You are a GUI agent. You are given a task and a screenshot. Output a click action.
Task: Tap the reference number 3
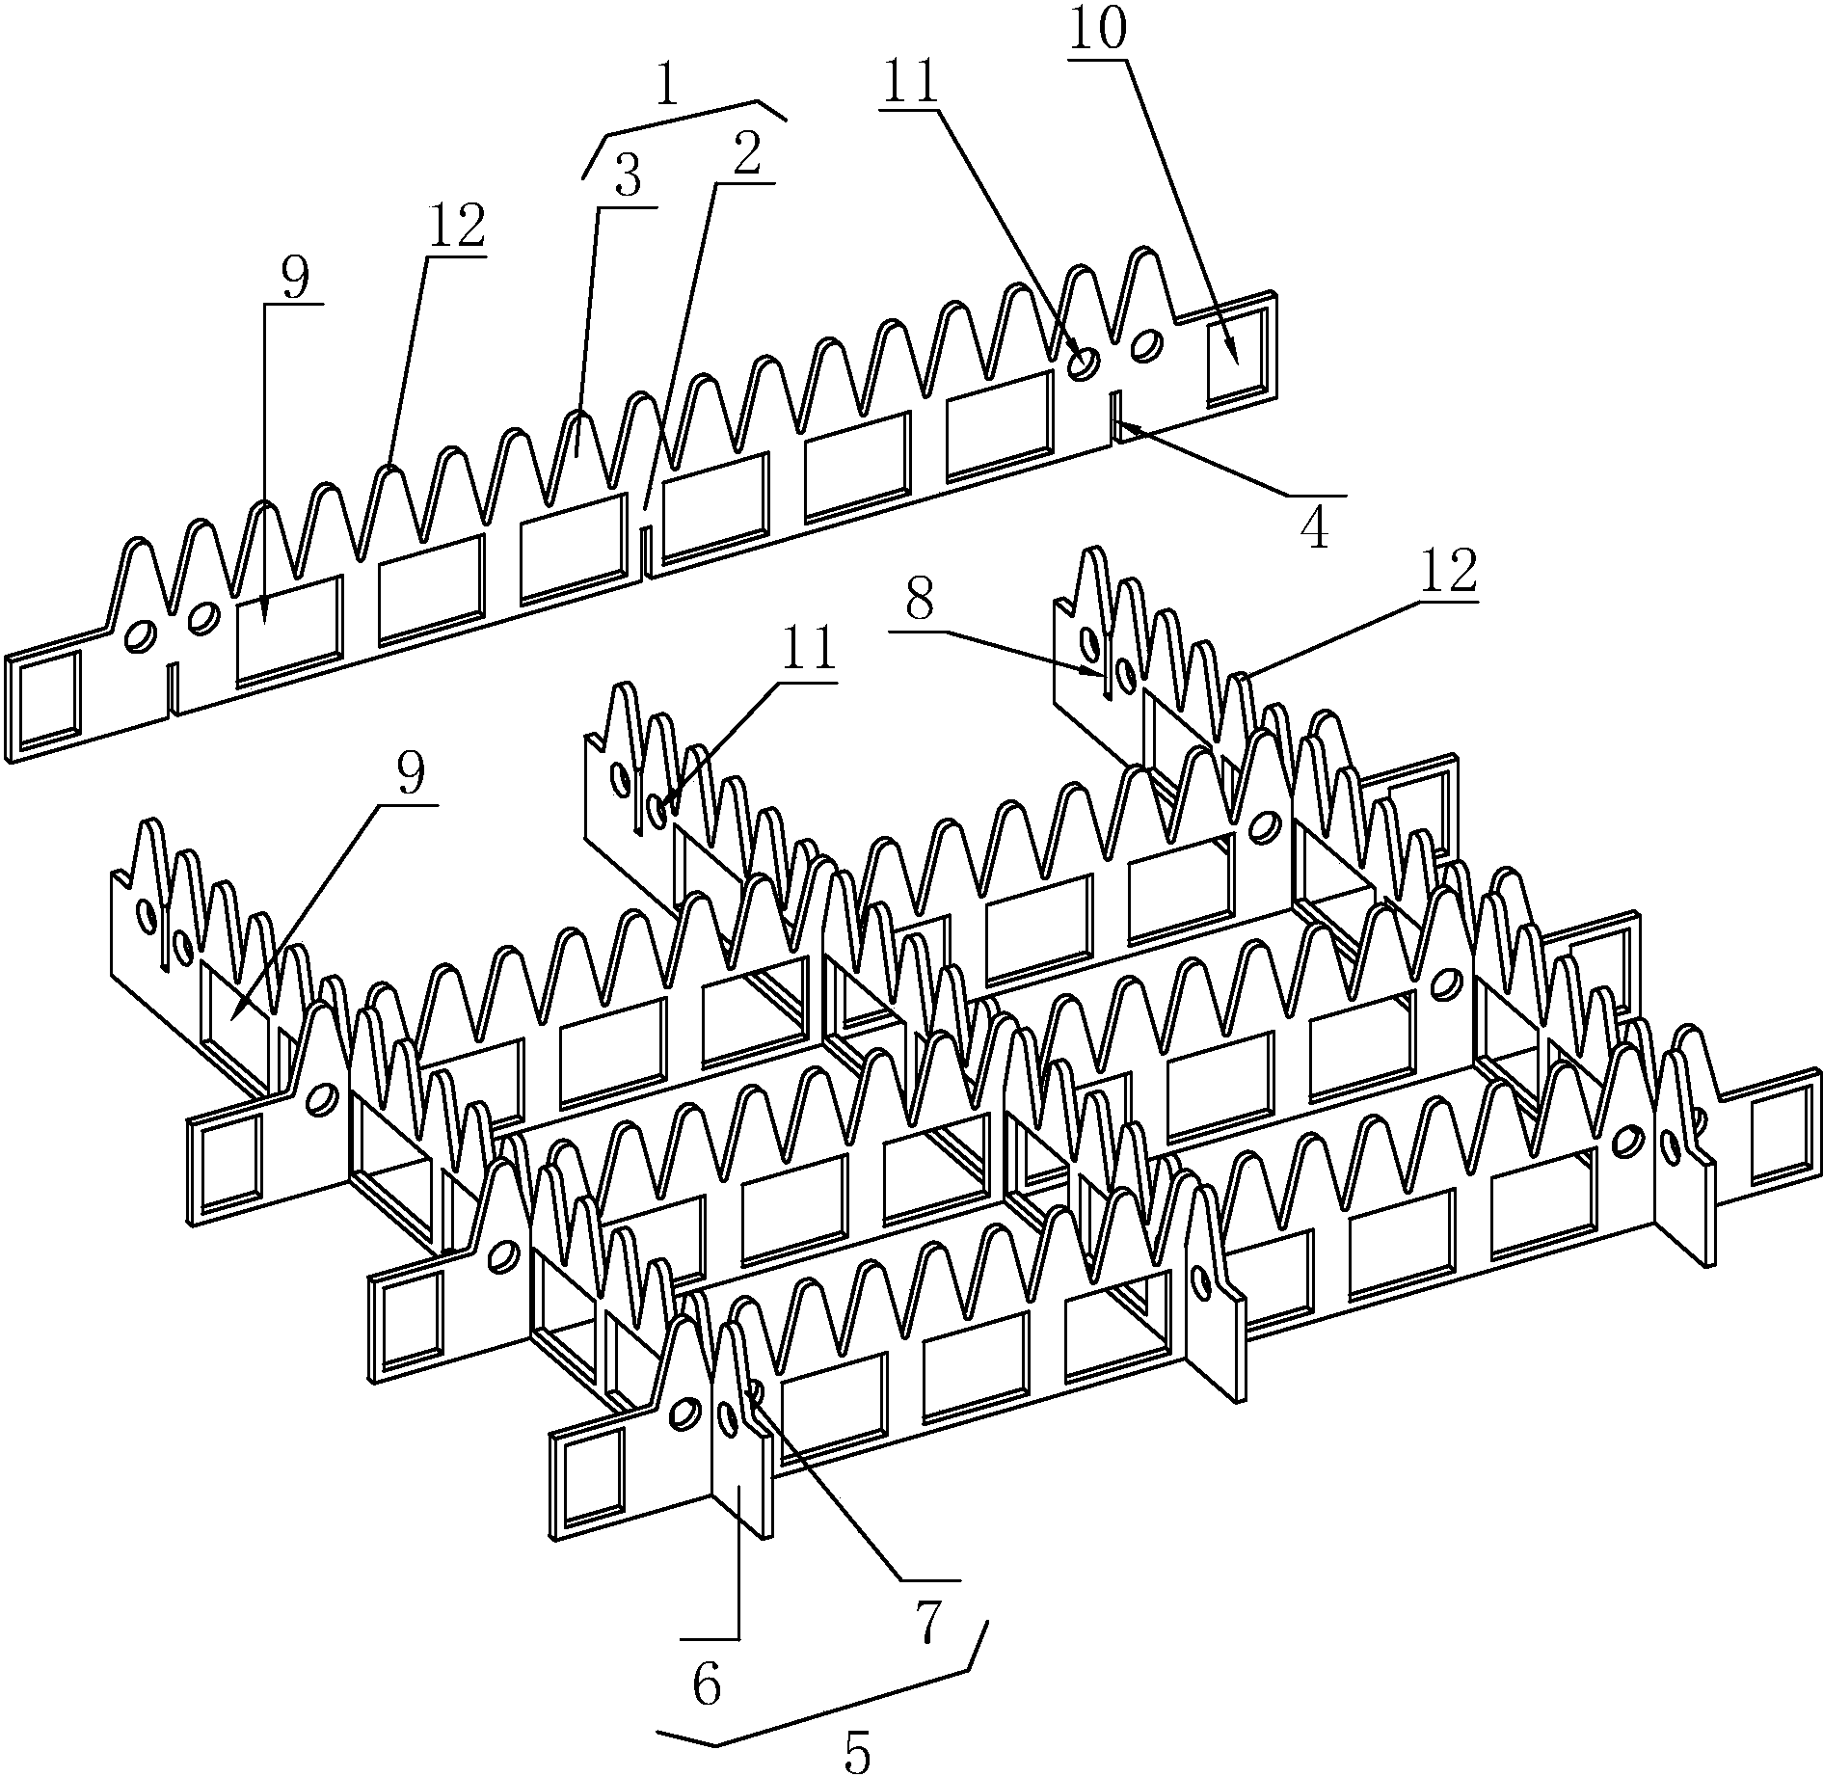click(627, 180)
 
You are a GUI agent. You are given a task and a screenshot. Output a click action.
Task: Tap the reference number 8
click(919, 603)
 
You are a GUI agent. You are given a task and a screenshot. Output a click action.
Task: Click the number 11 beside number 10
click(910, 83)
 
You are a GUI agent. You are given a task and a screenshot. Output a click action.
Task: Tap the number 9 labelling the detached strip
click(296, 280)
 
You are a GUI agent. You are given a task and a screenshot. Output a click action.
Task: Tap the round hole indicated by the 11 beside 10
click(1084, 363)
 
